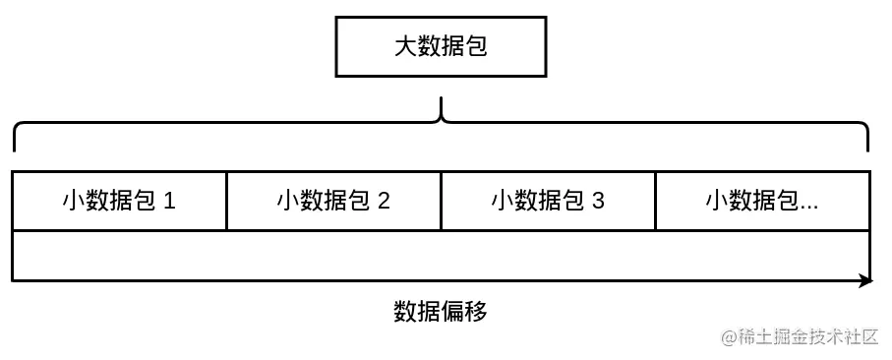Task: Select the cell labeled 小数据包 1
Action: (x=119, y=202)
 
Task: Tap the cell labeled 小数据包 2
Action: (x=333, y=202)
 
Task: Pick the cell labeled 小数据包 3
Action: (x=548, y=202)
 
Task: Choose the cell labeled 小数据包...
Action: (x=762, y=202)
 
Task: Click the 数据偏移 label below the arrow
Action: (x=440, y=312)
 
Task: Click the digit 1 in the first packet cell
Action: (x=169, y=202)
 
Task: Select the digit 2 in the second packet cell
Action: (x=384, y=202)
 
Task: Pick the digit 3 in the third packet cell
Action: (x=598, y=202)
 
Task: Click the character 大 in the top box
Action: (x=405, y=46)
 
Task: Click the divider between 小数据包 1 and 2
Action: (x=226, y=201)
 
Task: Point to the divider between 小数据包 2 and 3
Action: (x=441, y=201)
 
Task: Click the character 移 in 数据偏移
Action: (x=476, y=312)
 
